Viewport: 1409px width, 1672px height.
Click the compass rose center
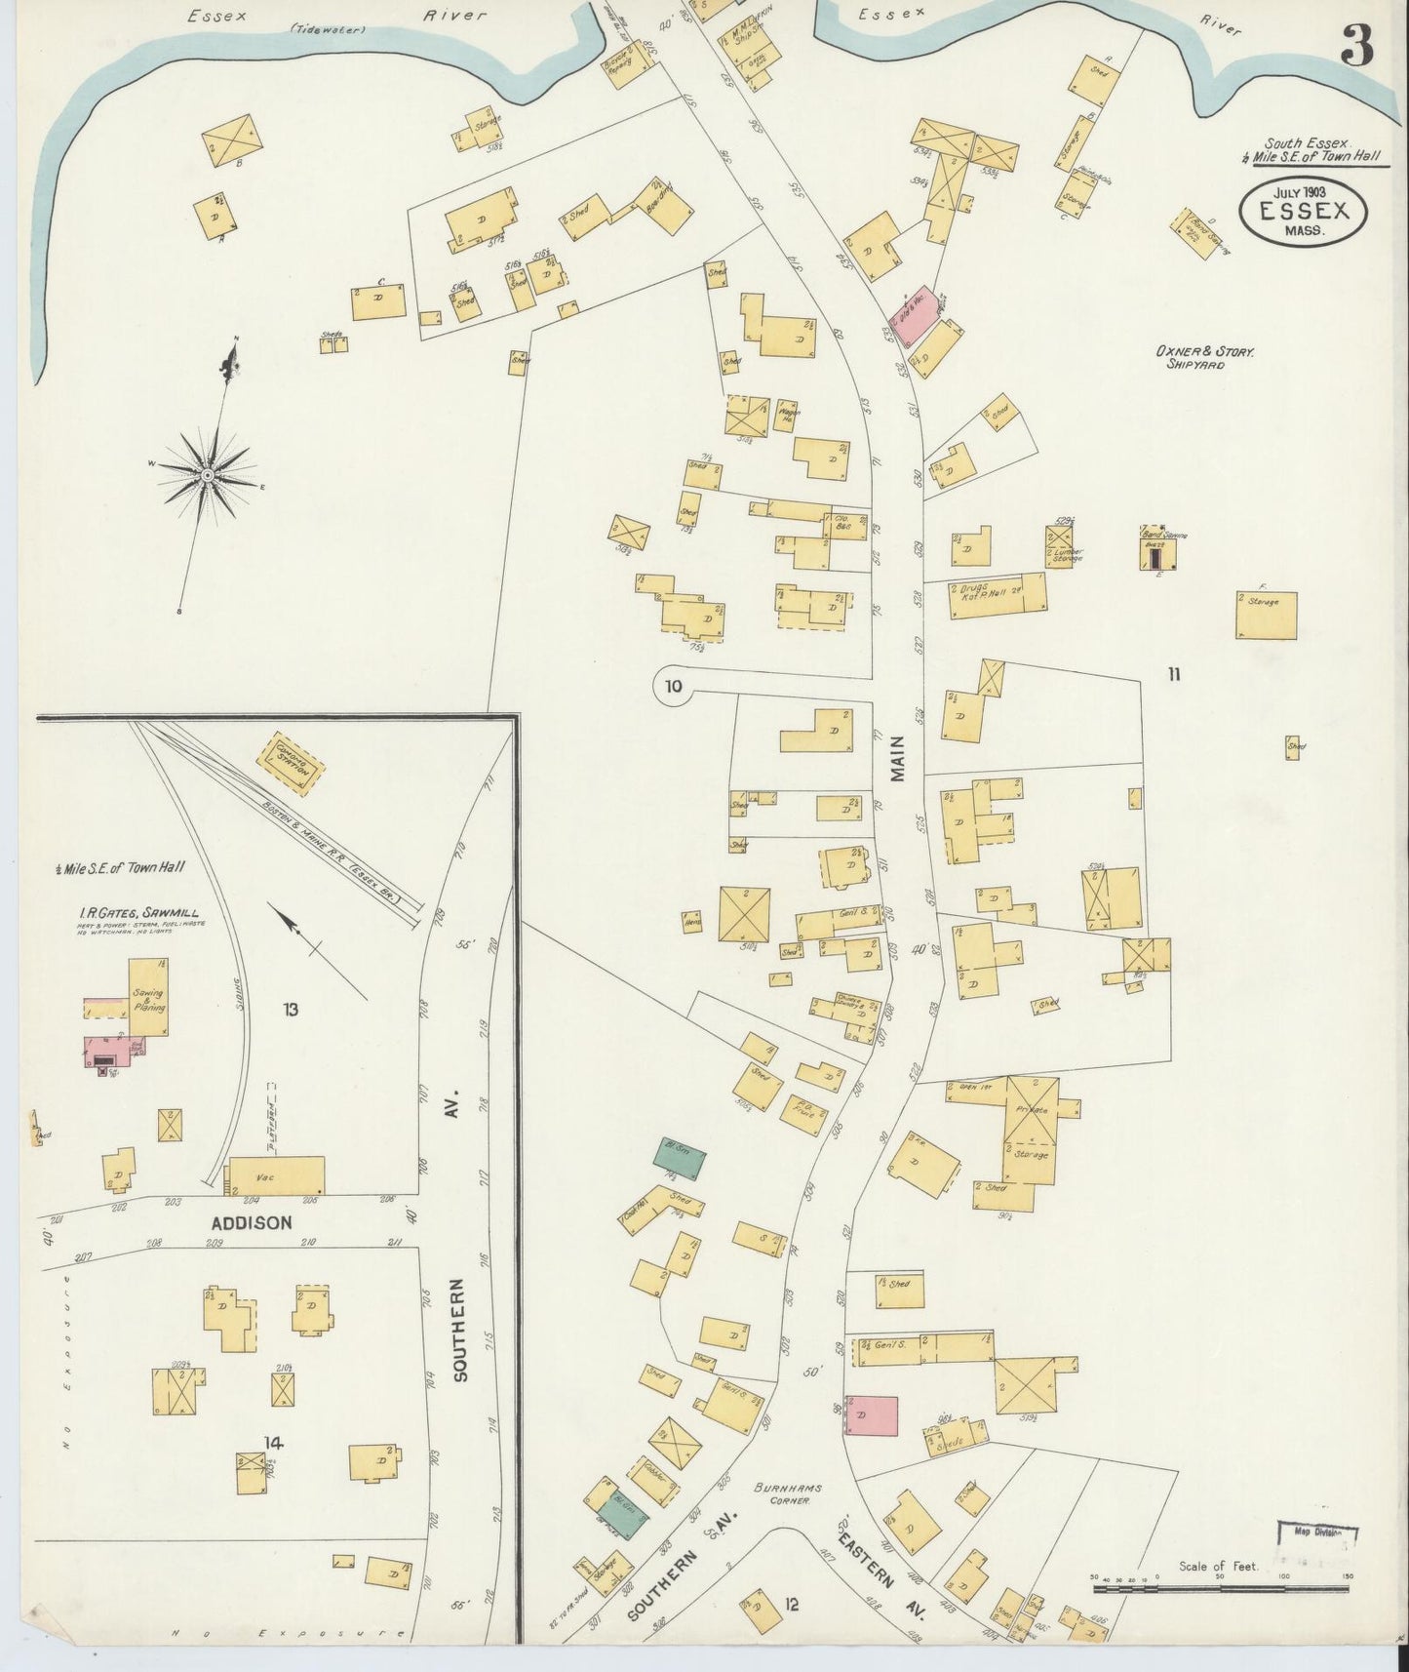tap(208, 475)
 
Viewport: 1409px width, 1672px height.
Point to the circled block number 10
tap(672, 686)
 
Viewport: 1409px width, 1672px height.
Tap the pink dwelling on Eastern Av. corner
tap(871, 1414)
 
